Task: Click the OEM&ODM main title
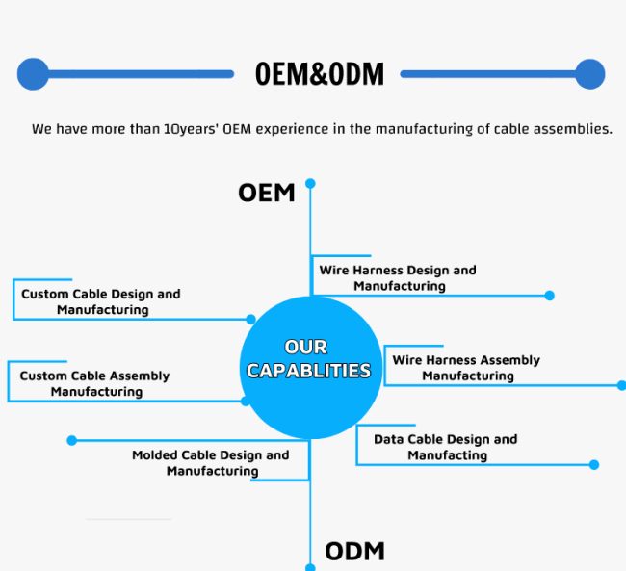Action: pos(320,74)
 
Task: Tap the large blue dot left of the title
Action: pos(33,74)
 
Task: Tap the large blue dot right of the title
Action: pos(590,74)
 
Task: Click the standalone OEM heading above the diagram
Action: pos(266,193)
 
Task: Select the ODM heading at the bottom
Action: pos(355,552)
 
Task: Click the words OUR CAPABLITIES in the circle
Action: pos(308,358)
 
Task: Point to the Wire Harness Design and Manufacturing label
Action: pos(398,278)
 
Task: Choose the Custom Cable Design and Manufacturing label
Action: pos(101,302)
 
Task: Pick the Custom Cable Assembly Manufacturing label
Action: pos(95,384)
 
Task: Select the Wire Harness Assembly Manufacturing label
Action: pos(466,368)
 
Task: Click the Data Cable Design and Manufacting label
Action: pos(446,447)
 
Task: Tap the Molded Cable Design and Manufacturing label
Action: pos(211,463)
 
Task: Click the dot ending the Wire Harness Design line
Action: pos(550,296)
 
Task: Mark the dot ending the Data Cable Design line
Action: pos(594,465)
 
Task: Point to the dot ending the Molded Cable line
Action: pos(72,440)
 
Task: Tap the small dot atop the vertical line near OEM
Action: pos(310,183)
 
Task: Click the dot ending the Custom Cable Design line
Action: pos(250,320)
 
